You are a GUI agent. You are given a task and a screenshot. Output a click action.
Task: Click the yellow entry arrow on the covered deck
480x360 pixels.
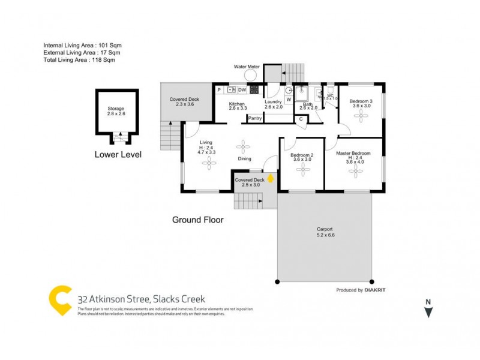coord(271,178)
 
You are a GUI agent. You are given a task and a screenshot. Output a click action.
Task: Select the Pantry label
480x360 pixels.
coord(255,119)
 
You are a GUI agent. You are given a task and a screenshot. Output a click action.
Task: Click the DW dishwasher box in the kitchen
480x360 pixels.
coord(242,90)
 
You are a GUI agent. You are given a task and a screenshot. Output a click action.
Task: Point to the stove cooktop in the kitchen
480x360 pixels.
coord(254,90)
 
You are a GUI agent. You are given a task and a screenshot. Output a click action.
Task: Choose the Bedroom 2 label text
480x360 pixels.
coord(302,155)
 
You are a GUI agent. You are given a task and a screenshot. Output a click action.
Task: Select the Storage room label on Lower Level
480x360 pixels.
coord(116,109)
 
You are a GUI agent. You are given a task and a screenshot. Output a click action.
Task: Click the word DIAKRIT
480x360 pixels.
coord(380,290)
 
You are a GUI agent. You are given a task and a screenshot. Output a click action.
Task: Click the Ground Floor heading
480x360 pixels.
coord(197,220)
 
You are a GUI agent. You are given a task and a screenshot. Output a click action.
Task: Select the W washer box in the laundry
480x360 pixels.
coord(288,99)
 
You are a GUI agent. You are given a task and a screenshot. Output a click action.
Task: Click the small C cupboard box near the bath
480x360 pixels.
coord(301,119)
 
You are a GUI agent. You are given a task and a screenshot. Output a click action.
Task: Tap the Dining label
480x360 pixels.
coord(244,159)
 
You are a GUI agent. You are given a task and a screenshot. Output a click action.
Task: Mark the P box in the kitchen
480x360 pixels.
coord(220,90)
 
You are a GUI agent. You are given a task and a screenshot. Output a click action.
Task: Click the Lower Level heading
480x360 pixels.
coord(118,154)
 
